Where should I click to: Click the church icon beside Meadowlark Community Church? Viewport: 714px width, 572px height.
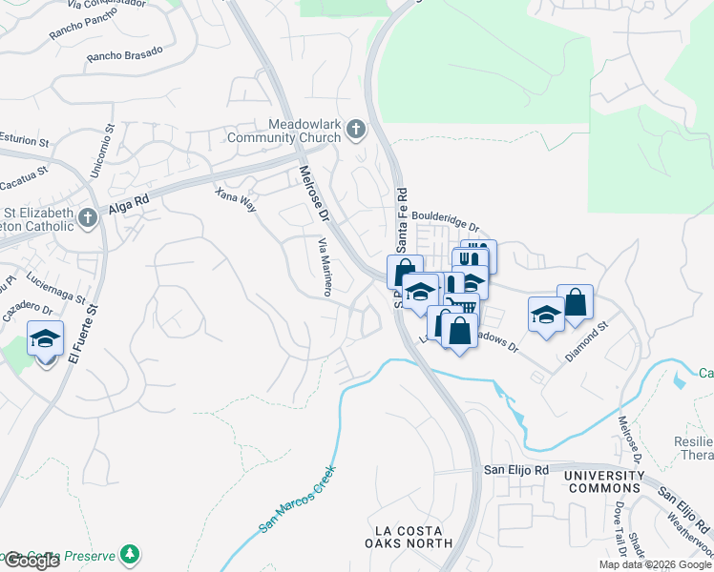pos(356,129)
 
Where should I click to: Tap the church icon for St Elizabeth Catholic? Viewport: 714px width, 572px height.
pos(87,217)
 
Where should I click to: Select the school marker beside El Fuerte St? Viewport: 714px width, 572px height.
pos(46,340)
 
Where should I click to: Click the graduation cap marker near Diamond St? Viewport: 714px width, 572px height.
pos(546,315)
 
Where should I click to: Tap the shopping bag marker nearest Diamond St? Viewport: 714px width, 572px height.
pos(575,303)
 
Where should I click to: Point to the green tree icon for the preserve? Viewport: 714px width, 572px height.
pos(130,554)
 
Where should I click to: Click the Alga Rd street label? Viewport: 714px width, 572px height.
pos(129,202)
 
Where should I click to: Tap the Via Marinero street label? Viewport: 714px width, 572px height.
pos(325,267)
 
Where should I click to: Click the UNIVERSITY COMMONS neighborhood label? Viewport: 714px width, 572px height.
pos(603,481)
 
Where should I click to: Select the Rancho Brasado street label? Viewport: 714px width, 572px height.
pos(116,56)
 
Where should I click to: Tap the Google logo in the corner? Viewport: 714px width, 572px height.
pos(31,560)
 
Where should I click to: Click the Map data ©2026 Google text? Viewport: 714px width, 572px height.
pos(655,564)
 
